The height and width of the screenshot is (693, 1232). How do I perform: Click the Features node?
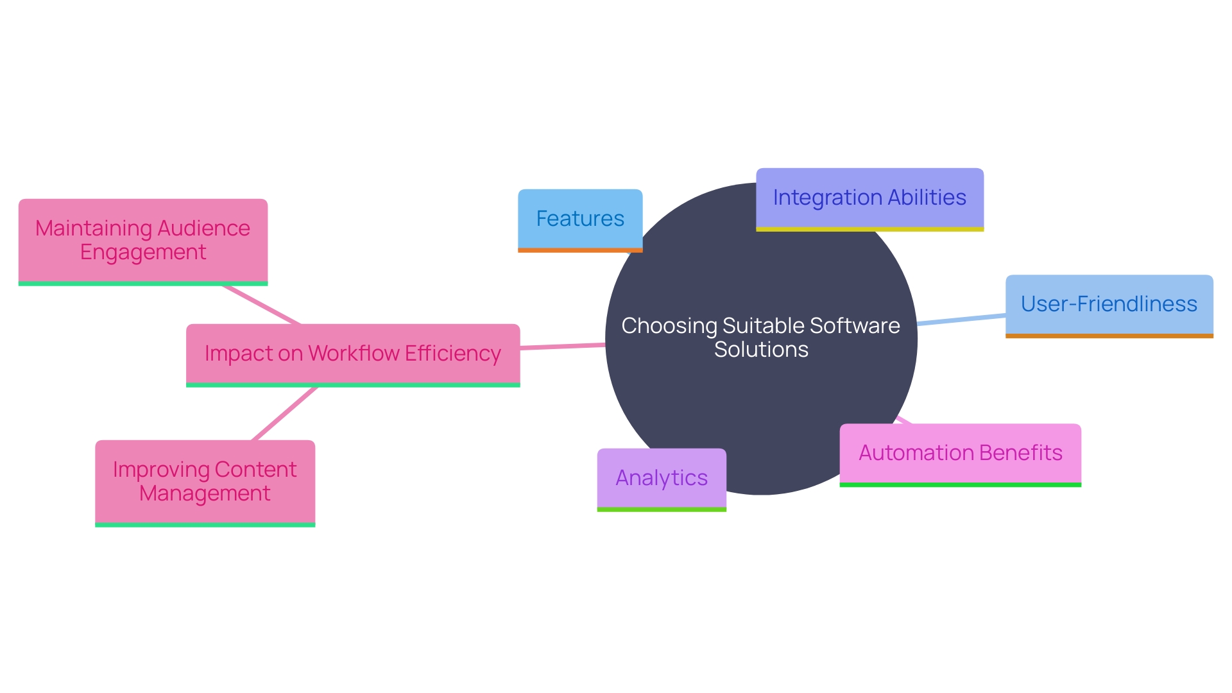(x=580, y=219)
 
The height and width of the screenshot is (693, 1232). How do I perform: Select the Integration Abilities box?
(x=869, y=198)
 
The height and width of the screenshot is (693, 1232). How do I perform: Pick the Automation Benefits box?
(x=960, y=454)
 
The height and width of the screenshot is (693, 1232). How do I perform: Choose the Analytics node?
(x=662, y=479)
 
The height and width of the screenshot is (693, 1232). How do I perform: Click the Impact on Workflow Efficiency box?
(x=352, y=354)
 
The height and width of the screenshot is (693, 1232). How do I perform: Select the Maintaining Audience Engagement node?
(x=142, y=241)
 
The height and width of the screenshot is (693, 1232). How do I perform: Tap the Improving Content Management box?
(x=205, y=482)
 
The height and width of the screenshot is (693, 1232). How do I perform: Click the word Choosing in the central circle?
(x=669, y=326)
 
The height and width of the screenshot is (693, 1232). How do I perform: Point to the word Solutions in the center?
(x=761, y=350)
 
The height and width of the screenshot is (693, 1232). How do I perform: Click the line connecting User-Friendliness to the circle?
(x=961, y=319)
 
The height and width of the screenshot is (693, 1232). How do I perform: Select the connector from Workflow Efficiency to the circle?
(x=562, y=346)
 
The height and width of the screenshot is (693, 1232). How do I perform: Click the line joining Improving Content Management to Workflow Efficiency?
(x=284, y=413)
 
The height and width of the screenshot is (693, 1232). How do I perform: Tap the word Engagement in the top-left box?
(x=143, y=253)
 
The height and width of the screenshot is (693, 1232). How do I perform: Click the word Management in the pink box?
(x=205, y=494)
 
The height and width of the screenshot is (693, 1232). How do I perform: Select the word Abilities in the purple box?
(x=927, y=198)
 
